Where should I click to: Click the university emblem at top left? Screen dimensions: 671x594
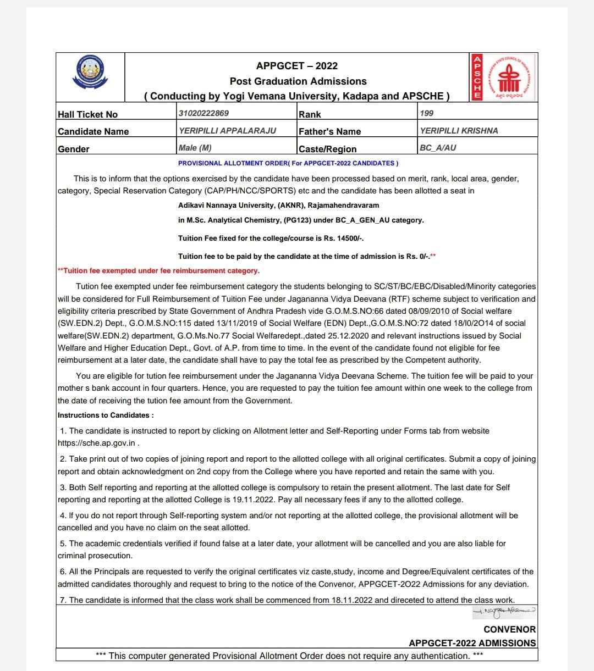tap(91, 73)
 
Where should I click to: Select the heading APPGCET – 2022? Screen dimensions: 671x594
tap(297, 66)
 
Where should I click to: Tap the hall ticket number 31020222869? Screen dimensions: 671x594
tap(204, 113)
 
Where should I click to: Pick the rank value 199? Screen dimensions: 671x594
tap(426, 113)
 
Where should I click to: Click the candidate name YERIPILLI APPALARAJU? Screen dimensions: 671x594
tap(227, 131)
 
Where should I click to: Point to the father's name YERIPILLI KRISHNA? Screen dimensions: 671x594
tap(459, 131)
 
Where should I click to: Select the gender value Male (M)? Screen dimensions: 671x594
tap(195, 148)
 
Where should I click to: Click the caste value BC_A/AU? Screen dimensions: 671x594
tap(438, 148)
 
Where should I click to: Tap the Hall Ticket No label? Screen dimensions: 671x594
tap(87, 114)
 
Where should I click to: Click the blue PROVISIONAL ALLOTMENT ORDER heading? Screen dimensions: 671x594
tap(288, 163)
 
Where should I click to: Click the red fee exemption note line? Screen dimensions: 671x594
tap(159, 270)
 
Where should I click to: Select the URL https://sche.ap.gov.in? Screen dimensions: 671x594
tap(96, 443)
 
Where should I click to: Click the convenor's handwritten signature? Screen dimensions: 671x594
tap(504, 611)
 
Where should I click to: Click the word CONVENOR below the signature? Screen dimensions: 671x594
tap(509, 629)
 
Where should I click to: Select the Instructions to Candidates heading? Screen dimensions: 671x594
tap(106, 415)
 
